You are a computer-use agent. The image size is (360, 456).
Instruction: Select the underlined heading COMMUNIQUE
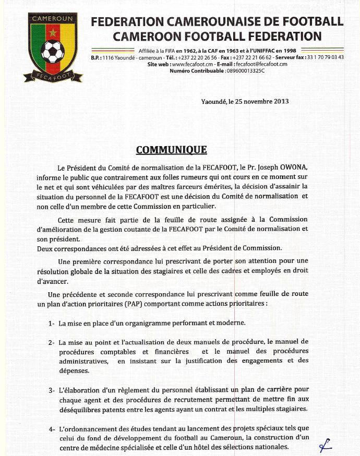pos(171,150)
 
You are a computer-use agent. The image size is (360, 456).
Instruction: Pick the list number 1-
pos(52,324)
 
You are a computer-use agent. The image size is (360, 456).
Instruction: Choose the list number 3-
pos(52,390)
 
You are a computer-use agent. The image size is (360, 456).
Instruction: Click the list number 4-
pos(52,429)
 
